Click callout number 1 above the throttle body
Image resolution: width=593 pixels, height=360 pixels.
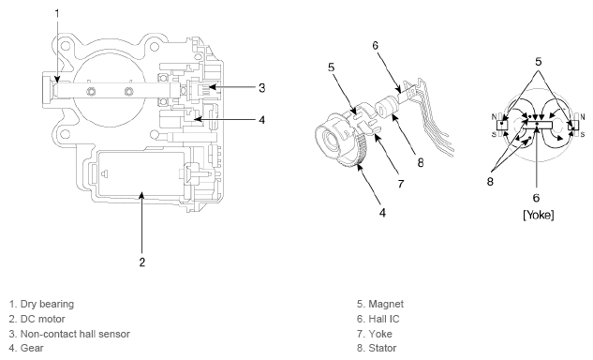pos(57,14)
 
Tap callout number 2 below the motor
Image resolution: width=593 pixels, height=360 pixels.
pos(142,262)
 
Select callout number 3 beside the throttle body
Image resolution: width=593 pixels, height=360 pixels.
pos(261,88)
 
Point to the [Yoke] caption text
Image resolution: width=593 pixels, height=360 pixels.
pos(539,215)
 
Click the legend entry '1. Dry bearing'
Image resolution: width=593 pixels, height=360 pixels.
pos(41,304)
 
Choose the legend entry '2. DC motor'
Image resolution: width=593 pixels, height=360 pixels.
pos(37,319)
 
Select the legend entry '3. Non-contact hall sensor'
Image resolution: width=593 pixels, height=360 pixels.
pos(69,334)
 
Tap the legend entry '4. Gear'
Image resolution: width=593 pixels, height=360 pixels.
pos(26,348)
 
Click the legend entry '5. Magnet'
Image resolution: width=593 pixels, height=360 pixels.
pos(380,304)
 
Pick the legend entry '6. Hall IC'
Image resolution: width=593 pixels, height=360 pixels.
pos(378,319)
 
